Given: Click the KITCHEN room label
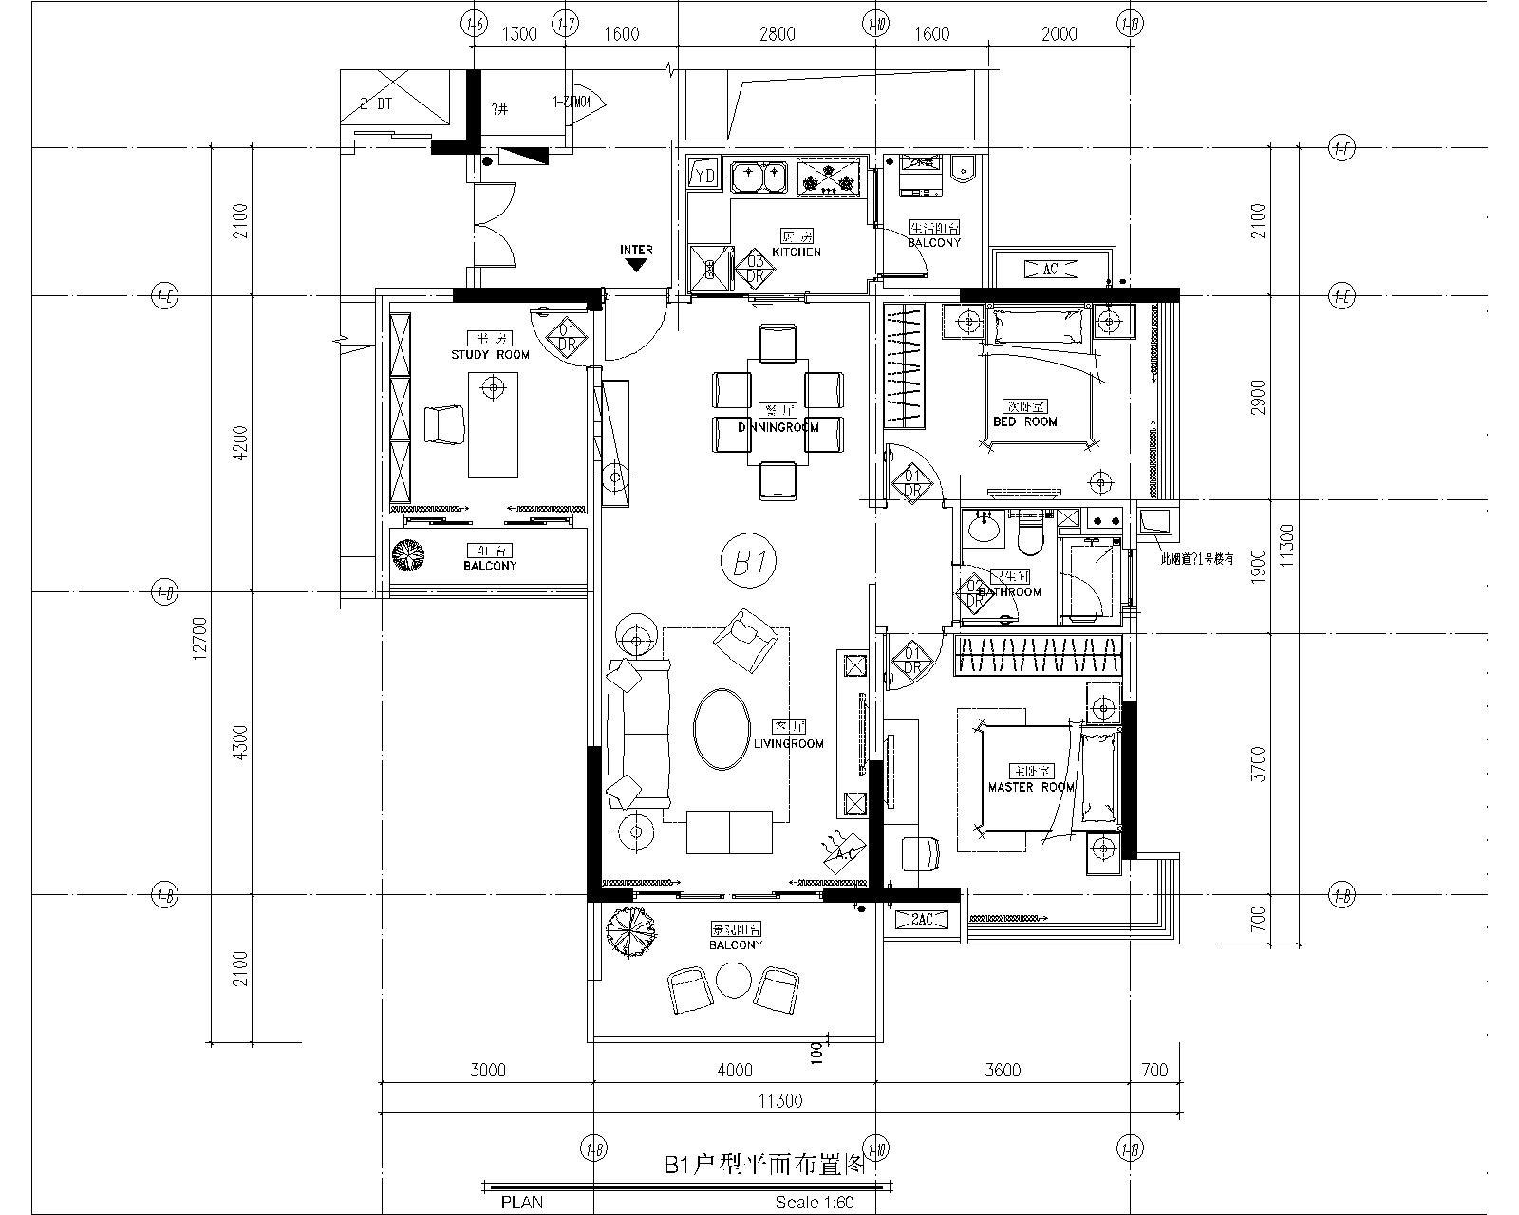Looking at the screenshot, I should [x=796, y=252].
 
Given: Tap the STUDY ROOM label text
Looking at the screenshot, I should [x=490, y=354].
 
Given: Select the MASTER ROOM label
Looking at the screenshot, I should [x=1031, y=787].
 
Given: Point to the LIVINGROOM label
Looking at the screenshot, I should [x=788, y=744].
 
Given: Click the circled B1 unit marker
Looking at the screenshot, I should [x=749, y=563].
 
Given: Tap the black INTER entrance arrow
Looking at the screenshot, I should [x=636, y=266].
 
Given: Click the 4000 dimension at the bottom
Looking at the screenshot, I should [x=734, y=1071].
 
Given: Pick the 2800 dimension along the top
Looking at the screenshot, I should [x=777, y=35].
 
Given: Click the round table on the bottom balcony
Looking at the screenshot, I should [x=733, y=981].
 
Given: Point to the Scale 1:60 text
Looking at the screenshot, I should [x=814, y=1202].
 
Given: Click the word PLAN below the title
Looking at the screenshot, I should [x=522, y=1202].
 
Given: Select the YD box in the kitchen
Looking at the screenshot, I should [x=704, y=176].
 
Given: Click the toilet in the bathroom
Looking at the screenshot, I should [x=1028, y=534].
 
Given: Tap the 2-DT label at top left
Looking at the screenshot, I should [x=376, y=103].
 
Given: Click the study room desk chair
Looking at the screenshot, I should [x=443, y=423].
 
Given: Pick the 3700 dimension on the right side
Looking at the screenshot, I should [x=1259, y=762].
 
